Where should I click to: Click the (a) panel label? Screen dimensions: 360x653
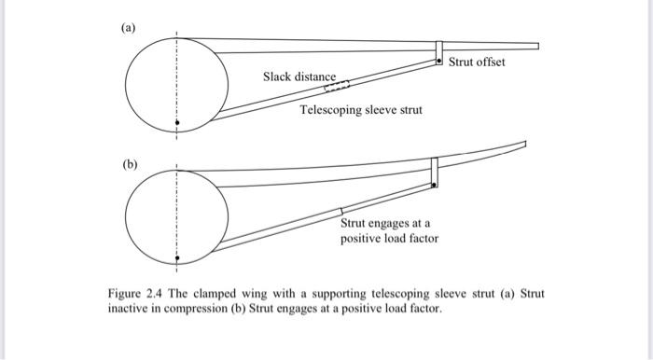pyautogui.click(x=129, y=29)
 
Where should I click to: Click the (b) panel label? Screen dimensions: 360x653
pyautogui.click(x=129, y=164)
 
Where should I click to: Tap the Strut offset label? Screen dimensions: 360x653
pyautogui.click(x=477, y=62)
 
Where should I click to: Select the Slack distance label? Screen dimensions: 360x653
pyautogui.click(x=299, y=76)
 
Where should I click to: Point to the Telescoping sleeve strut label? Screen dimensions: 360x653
pyautogui.click(x=360, y=110)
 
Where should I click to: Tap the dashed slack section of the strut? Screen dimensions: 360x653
pyautogui.click(x=337, y=87)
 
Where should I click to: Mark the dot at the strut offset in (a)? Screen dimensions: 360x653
pyautogui.click(x=439, y=61)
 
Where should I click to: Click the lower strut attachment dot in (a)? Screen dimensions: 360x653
pyautogui.click(x=177, y=122)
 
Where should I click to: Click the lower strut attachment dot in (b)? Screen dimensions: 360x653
pyautogui.click(x=177, y=256)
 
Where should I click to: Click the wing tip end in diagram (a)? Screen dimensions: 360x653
pyautogui.click(x=536, y=45)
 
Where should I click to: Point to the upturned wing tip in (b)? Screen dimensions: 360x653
pyautogui.click(x=522, y=145)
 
